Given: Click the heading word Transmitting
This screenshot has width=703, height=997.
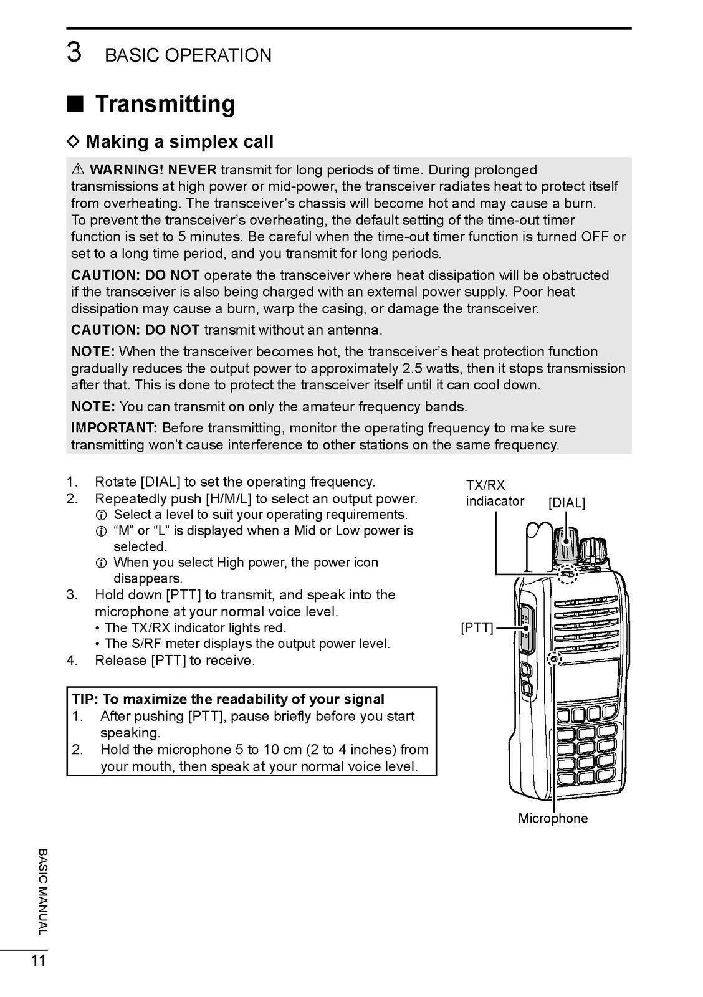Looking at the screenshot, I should coord(165,103).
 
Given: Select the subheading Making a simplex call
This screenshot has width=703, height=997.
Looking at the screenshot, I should coord(179,142).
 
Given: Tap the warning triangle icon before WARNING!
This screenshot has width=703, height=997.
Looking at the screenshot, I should coord(78,169).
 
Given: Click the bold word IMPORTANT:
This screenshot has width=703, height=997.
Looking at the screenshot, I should coord(114,428).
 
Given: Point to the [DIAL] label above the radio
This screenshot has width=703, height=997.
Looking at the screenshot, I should coord(567,503).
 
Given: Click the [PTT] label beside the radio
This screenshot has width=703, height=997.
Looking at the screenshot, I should coord(477,627).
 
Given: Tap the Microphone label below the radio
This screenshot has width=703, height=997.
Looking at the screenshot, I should coord(553,818).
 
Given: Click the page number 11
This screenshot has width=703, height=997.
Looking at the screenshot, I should coord(39,961).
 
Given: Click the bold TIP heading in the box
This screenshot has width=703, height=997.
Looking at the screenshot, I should coord(228,699).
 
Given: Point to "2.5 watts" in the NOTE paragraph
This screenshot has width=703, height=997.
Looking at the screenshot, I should coord(432,368).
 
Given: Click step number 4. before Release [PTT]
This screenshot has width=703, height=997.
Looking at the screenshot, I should coord(72,660).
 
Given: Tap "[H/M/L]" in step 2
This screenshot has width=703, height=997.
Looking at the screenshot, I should coord(229,499).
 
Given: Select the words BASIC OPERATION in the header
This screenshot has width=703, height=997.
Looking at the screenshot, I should coord(188,55).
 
